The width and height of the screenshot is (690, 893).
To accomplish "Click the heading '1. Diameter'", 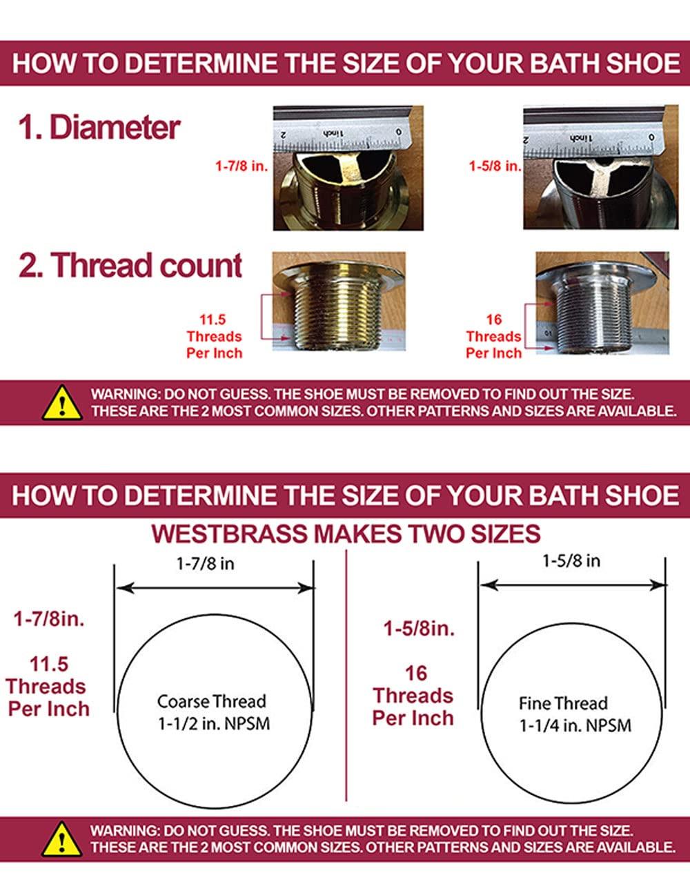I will [x=99, y=128].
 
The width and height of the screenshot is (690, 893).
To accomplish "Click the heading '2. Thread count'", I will [x=130, y=266].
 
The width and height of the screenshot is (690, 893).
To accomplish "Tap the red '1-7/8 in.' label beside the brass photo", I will [x=241, y=166].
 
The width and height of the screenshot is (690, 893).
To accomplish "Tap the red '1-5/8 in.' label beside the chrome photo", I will [x=495, y=166].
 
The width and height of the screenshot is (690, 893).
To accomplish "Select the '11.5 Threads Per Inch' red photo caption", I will [x=214, y=337].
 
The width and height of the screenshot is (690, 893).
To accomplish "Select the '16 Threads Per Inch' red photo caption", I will [x=493, y=337].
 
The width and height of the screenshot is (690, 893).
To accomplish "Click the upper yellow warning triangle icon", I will [x=62, y=402].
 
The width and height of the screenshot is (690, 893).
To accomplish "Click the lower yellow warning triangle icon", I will [x=62, y=838].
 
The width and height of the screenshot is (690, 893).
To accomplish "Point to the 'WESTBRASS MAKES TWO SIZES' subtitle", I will [x=346, y=534].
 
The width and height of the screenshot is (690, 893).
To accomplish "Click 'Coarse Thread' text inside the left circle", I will [x=211, y=702].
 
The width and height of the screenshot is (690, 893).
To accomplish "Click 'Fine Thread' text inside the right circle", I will [x=563, y=704].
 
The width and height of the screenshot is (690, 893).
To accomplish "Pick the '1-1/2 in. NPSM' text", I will [x=212, y=724].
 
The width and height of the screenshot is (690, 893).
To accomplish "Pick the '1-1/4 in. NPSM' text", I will [x=575, y=726].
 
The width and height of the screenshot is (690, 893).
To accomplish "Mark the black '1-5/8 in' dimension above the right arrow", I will [x=571, y=561].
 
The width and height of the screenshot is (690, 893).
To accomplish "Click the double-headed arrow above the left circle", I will [x=215, y=588].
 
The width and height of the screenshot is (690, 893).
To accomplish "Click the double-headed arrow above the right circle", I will [x=573, y=585].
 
